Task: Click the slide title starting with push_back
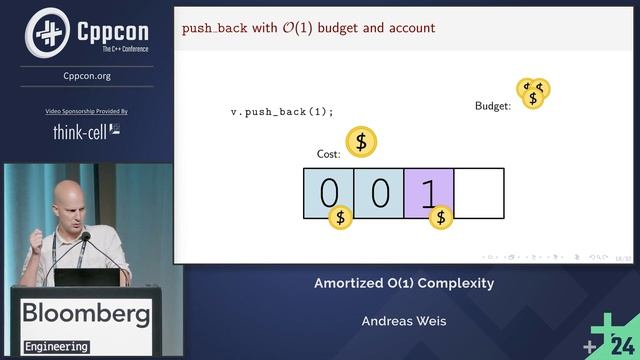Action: pyautogui.click(x=308, y=28)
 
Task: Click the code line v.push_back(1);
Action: pyautogui.click(x=281, y=112)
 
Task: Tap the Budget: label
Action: pyautogui.click(x=493, y=105)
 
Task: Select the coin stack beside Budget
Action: pyautogui.click(x=533, y=93)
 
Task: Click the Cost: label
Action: pyautogui.click(x=328, y=154)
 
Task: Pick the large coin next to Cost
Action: pyautogui.click(x=361, y=142)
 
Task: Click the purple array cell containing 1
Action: pyautogui.click(x=429, y=193)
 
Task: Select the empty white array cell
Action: pyautogui.click(x=479, y=193)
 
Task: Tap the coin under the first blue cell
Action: pyautogui.click(x=340, y=216)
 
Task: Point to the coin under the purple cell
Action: pyautogui.click(x=440, y=216)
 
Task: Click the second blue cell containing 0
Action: pyautogui.click(x=379, y=193)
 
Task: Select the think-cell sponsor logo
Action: pyautogui.click(x=88, y=130)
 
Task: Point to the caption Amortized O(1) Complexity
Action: pyautogui.click(x=404, y=283)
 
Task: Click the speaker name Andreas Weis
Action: pyautogui.click(x=404, y=321)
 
